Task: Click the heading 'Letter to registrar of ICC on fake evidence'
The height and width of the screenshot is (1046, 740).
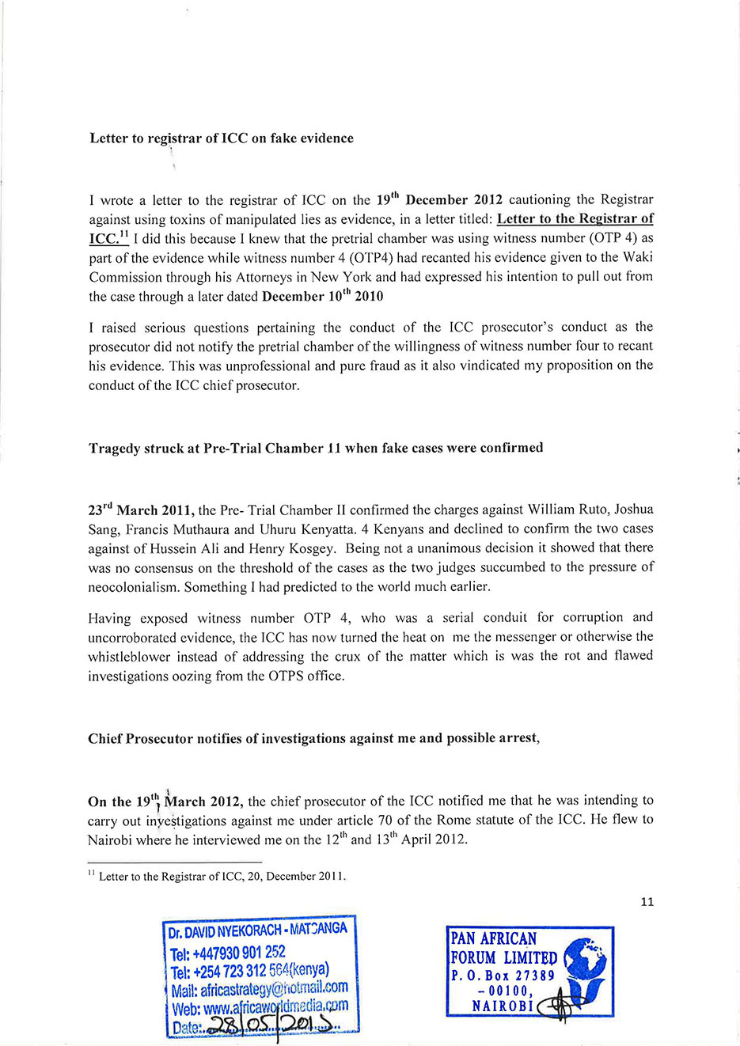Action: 222,138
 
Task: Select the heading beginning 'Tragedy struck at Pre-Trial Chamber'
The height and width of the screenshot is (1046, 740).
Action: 316,448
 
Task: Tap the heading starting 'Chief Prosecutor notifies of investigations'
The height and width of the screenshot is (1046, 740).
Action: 313,738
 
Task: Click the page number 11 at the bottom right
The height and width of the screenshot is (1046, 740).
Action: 647,901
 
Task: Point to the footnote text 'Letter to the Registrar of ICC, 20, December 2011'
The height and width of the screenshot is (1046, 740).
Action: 222,876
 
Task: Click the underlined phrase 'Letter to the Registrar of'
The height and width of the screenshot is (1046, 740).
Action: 575,218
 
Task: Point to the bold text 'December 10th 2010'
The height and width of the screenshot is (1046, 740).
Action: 322,297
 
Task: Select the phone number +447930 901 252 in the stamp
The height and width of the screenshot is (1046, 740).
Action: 227,952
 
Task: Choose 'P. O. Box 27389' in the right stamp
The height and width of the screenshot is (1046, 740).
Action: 503,976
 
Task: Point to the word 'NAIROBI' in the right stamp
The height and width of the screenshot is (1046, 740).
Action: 503,1006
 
